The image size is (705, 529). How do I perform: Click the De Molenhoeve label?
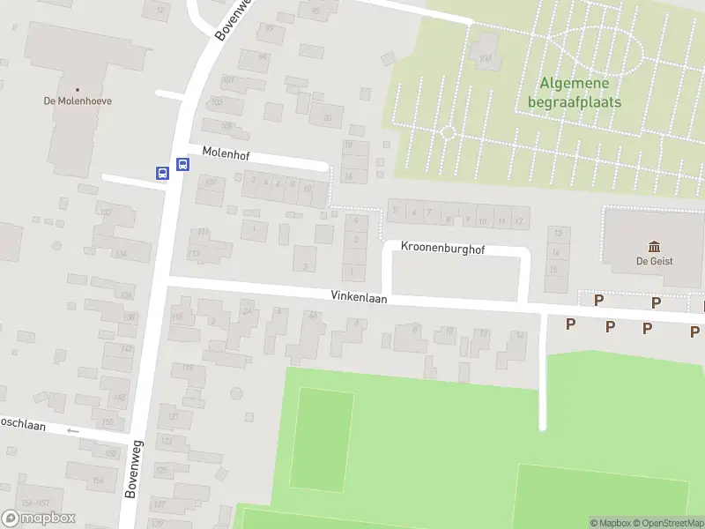(78, 101)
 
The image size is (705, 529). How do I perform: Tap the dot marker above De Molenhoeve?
(78, 89)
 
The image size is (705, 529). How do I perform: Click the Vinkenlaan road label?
(360, 299)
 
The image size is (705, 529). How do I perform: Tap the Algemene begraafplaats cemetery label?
(574, 93)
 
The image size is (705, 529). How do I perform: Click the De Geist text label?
(655, 260)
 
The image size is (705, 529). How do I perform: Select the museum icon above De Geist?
(655, 246)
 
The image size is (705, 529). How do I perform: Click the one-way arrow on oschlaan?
(72, 430)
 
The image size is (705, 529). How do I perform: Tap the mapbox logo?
(39, 518)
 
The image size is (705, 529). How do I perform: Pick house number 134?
(121, 254)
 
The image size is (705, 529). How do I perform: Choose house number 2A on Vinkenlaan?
(249, 311)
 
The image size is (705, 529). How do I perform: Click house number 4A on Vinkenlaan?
(313, 315)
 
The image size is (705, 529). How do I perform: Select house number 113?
(194, 254)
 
